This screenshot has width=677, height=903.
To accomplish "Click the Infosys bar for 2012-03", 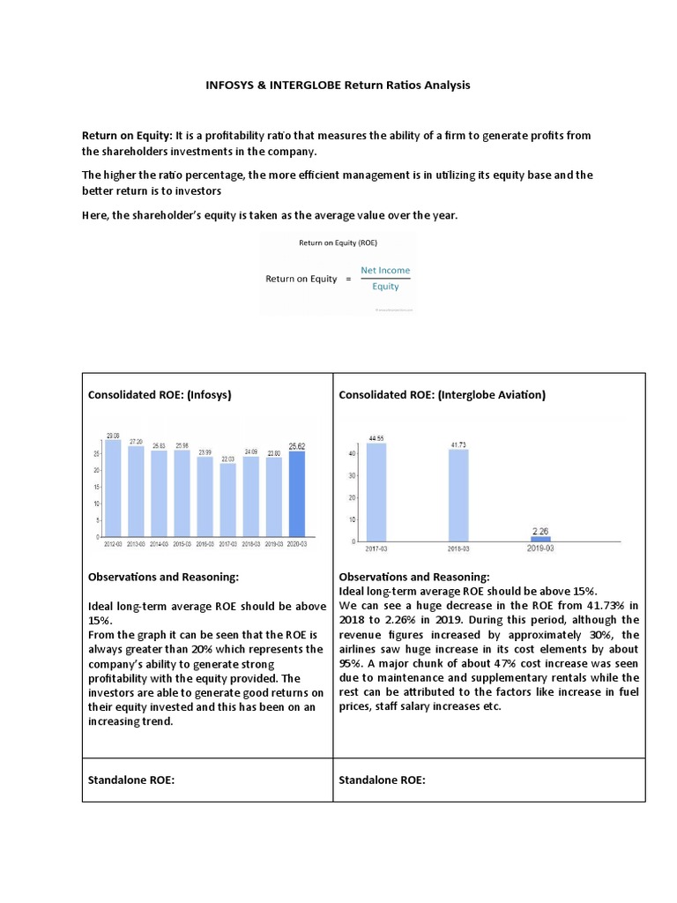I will click(114, 489).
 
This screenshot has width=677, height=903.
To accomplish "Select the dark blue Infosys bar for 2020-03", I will click(297, 495).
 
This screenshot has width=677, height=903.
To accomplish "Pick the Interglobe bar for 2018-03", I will click(458, 496).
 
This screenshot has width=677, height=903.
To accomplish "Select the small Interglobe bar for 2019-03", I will click(540, 538).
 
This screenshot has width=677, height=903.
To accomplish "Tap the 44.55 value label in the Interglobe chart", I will click(376, 437).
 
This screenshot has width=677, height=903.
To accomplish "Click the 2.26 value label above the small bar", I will click(540, 530).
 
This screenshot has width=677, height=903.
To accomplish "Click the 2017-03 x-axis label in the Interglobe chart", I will click(376, 549).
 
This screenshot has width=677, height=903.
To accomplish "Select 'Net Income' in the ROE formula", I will click(385, 270).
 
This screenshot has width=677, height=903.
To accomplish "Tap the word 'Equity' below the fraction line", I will click(385, 286).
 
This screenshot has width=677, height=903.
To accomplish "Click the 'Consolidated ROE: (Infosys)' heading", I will click(160, 395).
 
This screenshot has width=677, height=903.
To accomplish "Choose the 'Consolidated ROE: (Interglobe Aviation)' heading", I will click(442, 395).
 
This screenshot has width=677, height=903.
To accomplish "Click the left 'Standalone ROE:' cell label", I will click(131, 780).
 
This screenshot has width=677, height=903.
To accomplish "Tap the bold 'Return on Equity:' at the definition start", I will click(127, 136).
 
